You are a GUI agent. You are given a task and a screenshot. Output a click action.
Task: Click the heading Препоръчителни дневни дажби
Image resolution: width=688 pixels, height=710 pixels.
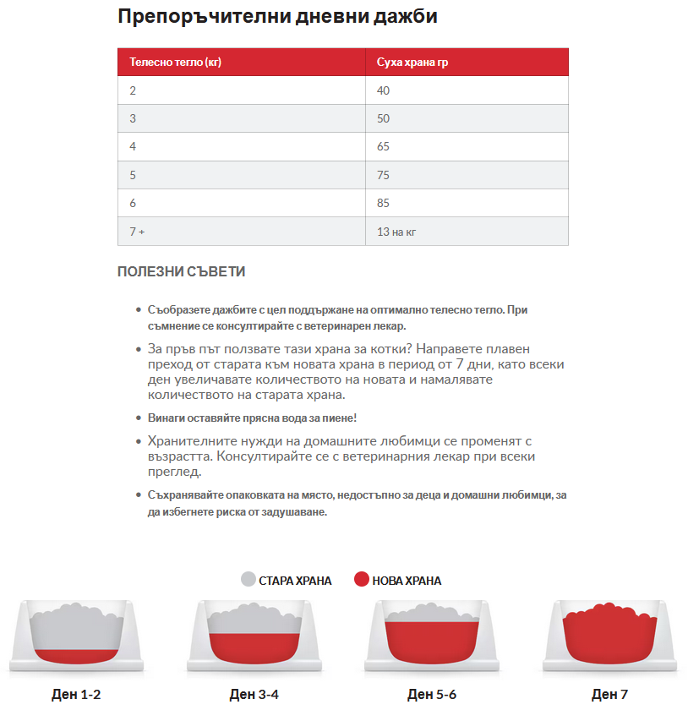click(277, 17)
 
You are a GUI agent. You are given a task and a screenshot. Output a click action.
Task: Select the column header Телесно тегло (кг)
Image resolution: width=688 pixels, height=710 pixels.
click(176, 63)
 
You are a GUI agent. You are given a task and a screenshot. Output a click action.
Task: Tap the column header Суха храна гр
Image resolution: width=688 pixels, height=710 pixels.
click(412, 63)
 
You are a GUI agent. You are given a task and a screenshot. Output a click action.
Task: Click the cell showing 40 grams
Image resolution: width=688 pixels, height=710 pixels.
click(384, 90)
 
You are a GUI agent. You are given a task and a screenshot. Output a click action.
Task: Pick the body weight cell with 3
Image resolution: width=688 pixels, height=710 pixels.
click(133, 118)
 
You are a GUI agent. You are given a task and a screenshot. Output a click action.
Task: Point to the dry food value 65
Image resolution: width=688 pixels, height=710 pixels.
click(384, 147)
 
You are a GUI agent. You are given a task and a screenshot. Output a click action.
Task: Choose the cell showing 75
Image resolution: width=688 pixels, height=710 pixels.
click(384, 175)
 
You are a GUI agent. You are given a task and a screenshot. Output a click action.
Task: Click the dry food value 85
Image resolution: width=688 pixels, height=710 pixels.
click(384, 203)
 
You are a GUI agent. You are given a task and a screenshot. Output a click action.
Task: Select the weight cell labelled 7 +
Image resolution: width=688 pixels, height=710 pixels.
click(137, 232)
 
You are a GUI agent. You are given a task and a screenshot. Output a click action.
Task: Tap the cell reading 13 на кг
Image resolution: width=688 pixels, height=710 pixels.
click(395, 232)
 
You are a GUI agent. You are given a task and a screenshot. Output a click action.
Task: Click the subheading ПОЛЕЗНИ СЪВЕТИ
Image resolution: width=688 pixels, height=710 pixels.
click(181, 272)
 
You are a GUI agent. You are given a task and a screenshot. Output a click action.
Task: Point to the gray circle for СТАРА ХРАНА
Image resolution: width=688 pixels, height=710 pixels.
click(248, 580)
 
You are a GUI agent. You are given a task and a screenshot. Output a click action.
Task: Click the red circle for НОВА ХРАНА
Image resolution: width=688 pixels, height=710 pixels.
click(362, 580)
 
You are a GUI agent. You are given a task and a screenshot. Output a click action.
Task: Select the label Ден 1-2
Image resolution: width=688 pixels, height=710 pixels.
click(76, 695)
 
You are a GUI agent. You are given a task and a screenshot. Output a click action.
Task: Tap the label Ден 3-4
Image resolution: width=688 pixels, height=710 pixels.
click(254, 695)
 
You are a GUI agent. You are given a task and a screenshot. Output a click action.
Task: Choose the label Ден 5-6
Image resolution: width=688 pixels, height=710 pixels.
click(432, 695)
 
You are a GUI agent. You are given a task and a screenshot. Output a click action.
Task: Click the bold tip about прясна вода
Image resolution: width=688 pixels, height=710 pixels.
click(252, 418)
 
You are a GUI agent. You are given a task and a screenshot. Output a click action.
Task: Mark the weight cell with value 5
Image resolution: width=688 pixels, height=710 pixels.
click(133, 175)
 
